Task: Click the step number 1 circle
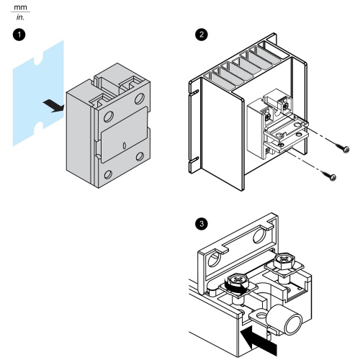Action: (x=19, y=35)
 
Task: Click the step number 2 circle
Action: (x=202, y=35)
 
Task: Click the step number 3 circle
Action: (x=202, y=224)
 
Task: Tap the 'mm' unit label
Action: (x=20, y=7)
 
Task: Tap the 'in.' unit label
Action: (x=20, y=17)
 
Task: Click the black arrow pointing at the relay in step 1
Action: (x=54, y=106)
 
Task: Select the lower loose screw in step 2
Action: (x=330, y=176)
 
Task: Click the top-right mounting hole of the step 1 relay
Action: (x=140, y=99)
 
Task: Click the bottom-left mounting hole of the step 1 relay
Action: (x=108, y=174)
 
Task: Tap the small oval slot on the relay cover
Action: (x=125, y=145)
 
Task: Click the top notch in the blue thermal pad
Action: (x=38, y=60)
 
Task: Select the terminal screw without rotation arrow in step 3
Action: (x=284, y=260)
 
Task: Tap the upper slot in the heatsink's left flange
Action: (x=194, y=92)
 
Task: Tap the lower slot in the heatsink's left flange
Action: (x=194, y=160)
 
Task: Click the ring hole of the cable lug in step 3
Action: (x=261, y=315)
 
